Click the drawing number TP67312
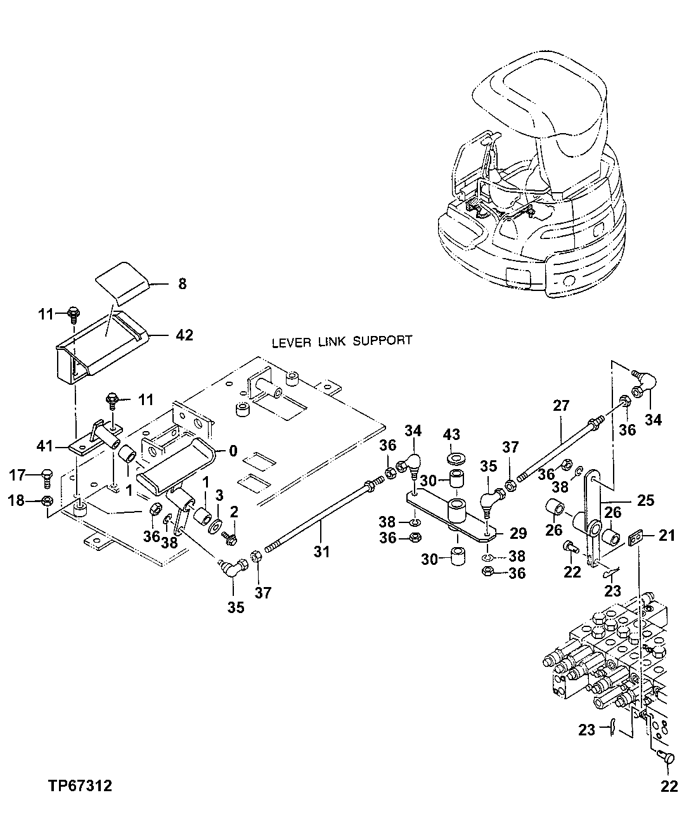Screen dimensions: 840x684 tap(80, 787)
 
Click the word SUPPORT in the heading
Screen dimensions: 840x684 tap(382, 340)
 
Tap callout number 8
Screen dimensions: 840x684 tap(183, 285)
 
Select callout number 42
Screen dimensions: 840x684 tap(184, 335)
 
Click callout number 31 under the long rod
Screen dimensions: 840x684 tap(322, 552)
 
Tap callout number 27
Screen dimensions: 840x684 tap(562, 406)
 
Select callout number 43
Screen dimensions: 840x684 tap(451, 435)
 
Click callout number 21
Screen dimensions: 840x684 tap(666, 536)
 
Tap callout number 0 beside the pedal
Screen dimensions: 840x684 tap(233, 451)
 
